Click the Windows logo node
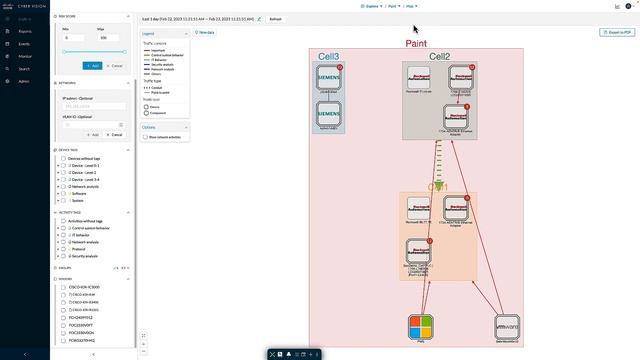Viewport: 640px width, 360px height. click(x=421, y=326)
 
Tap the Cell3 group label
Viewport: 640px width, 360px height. click(x=328, y=57)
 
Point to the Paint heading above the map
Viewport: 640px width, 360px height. click(x=416, y=44)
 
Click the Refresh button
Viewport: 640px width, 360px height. click(x=275, y=19)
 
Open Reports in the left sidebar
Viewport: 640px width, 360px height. click(x=24, y=31)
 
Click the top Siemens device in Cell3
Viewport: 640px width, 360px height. click(x=329, y=76)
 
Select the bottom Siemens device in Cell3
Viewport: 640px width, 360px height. click(x=329, y=114)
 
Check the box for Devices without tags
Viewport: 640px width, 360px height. click(x=63, y=159)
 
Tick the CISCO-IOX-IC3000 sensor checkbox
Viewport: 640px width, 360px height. click(x=63, y=287)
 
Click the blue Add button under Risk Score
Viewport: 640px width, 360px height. click(x=92, y=65)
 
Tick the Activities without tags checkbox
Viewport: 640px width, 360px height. click(x=63, y=221)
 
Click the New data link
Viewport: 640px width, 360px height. click(x=205, y=33)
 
